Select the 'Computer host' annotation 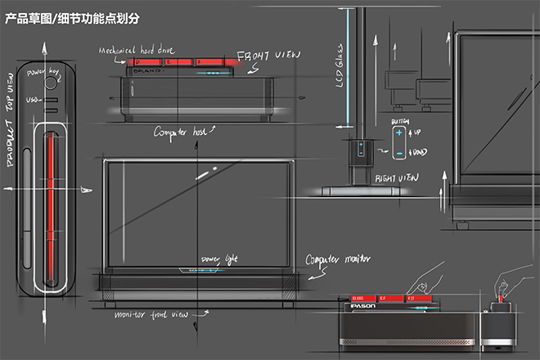pyautogui.click(x=182, y=130)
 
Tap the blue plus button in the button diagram pyautogui.click(x=398, y=133)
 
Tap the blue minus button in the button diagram pyautogui.click(x=398, y=153)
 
